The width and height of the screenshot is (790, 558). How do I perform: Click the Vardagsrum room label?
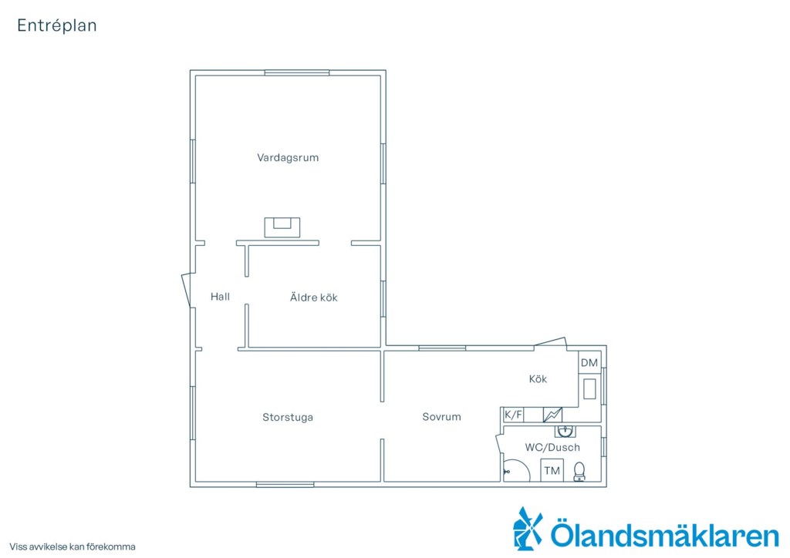pos(288,157)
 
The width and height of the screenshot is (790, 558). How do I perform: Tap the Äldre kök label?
pos(313,297)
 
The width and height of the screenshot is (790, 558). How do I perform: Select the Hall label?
pos(220,297)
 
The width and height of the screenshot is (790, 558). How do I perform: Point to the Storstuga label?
pos(288,417)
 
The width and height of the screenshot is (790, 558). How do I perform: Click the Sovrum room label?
pos(441,417)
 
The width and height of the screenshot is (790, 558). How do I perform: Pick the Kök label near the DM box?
pos(538,379)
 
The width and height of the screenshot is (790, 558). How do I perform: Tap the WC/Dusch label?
pos(552,447)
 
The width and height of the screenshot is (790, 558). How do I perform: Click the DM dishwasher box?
pos(589,362)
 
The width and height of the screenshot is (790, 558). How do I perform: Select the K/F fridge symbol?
pos(513,415)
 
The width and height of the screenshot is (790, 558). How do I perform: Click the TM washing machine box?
pos(552,470)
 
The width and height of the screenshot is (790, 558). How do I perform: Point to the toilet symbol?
pos(579,472)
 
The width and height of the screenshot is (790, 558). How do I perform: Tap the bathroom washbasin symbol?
pos(565,432)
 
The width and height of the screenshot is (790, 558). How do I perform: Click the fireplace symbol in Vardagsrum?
pos(282,227)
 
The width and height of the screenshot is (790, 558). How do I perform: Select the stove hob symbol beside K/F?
pos(552,415)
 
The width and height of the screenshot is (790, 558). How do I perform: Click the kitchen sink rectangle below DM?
pos(589,389)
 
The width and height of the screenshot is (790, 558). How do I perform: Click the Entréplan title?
pos(57,25)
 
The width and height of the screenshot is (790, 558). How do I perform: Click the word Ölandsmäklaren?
pos(664,534)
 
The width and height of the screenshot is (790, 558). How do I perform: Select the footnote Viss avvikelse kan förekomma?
pos(73,547)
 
